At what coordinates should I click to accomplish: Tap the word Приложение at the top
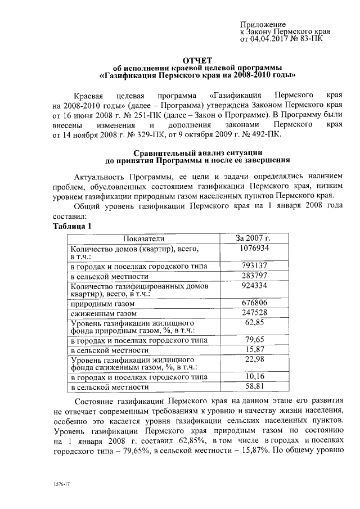[x=263, y=25]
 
